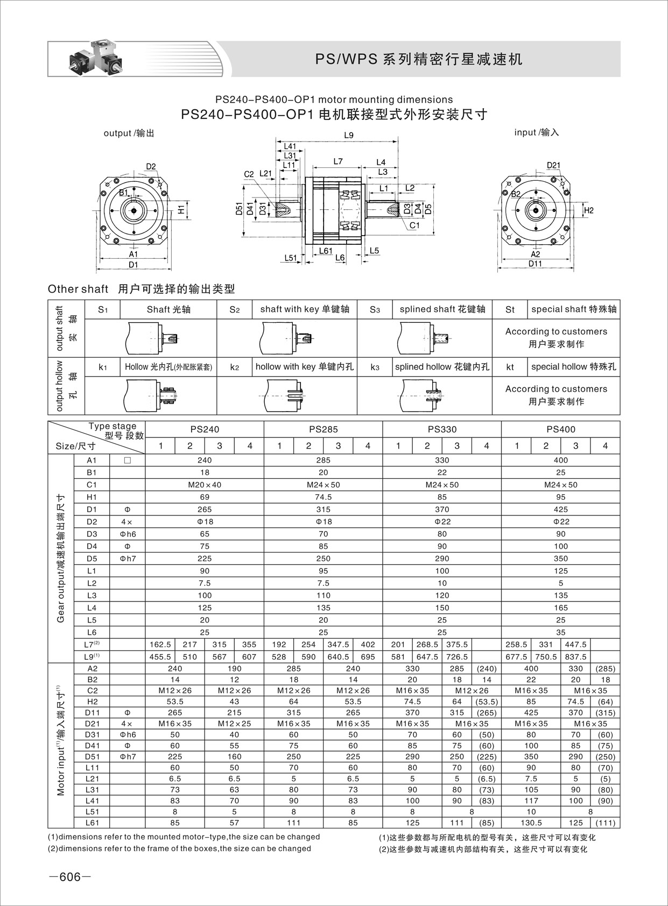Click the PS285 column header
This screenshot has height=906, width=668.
[x=323, y=429]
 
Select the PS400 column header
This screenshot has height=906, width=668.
[x=560, y=429]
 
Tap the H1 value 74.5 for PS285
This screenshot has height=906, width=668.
[x=323, y=497]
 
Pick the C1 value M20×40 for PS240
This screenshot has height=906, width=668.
[x=205, y=485]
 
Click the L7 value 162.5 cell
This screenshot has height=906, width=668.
[x=160, y=645]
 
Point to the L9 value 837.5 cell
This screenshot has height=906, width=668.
[x=575, y=657]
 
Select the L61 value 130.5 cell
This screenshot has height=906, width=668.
[x=531, y=823]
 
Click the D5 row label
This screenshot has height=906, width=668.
[x=92, y=558]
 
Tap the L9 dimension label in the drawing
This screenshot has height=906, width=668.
[x=349, y=136]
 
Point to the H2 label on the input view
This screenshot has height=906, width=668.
[x=588, y=210]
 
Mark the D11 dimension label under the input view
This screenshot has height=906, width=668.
[x=535, y=264]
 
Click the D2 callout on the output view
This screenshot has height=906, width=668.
[x=151, y=166]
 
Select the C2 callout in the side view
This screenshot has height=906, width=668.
[x=249, y=174]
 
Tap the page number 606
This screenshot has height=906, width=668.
[x=70, y=877]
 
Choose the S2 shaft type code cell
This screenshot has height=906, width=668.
[x=234, y=309]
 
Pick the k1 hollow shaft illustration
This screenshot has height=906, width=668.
[x=151, y=395]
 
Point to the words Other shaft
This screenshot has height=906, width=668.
[x=78, y=289]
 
